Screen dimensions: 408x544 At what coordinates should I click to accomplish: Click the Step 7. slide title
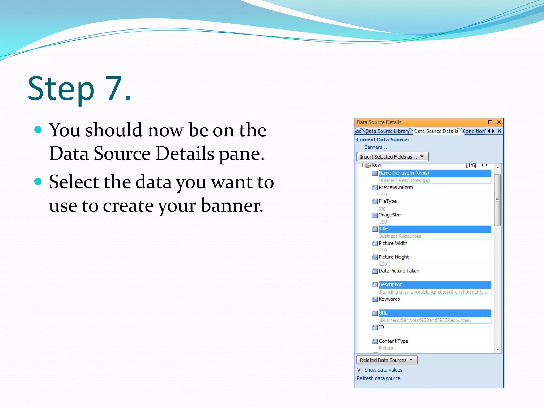(x=79, y=89)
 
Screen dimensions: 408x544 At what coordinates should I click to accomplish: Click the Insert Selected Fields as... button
(x=392, y=157)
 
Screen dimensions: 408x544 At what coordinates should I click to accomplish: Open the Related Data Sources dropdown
(x=387, y=360)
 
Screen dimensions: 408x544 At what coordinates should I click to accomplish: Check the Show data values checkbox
(x=359, y=370)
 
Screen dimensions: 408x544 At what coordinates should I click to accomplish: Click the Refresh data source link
(x=378, y=378)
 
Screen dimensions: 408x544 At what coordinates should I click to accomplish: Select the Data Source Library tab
(x=387, y=131)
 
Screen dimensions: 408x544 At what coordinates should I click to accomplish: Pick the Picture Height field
(x=394, y=257)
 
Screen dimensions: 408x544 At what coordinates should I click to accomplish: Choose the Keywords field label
(x=389, y=299)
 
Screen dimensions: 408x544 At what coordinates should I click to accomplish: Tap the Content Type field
(x=393, y=341)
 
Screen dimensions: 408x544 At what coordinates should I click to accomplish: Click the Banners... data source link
(x=376, y=147)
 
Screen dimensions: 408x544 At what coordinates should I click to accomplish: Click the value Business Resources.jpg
(x=404, y=180)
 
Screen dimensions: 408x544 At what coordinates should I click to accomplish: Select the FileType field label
(x=388, y=201)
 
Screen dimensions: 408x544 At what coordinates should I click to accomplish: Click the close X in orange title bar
(x=499, y=122)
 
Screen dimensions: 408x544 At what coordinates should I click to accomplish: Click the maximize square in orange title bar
(x=490, y=122)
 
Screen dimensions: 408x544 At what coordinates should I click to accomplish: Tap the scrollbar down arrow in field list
(x=498, y=349)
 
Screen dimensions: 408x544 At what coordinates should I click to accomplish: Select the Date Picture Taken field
(x=399, y=271)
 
